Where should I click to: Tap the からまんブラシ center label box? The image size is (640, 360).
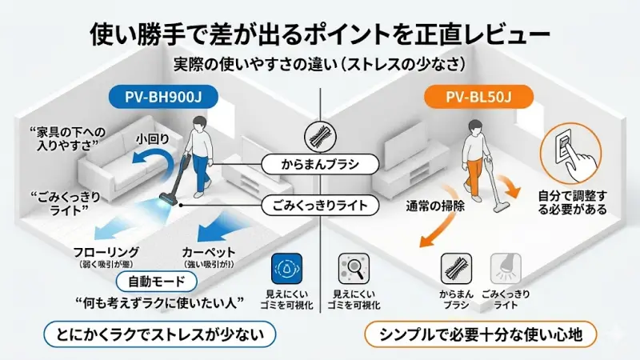point(320,166)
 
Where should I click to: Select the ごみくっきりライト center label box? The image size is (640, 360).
point(320,206)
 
